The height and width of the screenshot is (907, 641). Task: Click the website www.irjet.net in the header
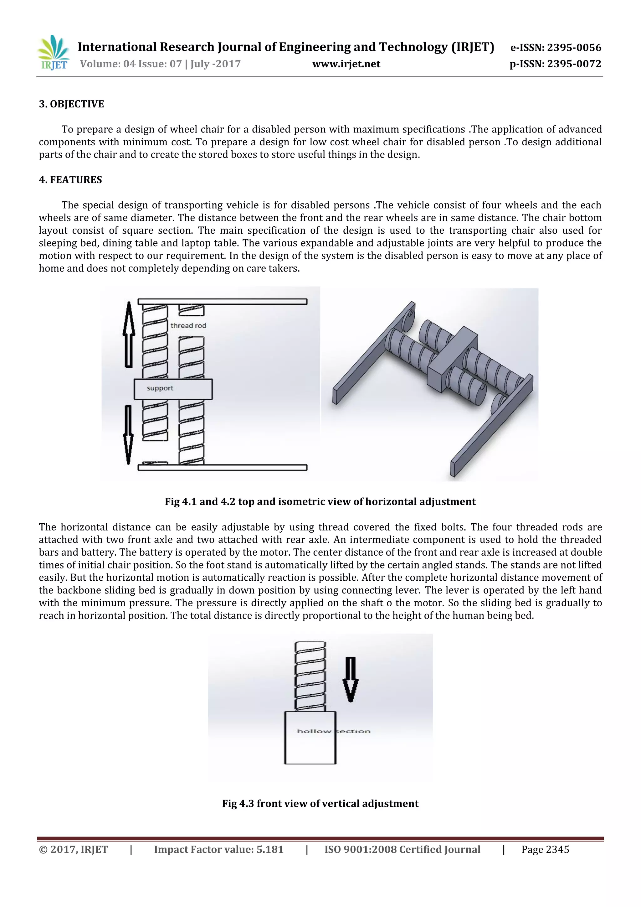tap(346, 64)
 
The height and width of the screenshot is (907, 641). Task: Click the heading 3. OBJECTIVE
tap(71, 104)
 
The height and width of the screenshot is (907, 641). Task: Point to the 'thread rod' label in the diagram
tap(188, 325)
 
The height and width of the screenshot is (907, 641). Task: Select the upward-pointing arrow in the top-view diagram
tap(129, 334)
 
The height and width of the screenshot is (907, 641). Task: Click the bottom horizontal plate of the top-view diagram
tap(222, 467)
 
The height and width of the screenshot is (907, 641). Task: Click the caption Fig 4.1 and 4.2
tap(320, 502)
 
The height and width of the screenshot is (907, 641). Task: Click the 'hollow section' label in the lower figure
tap(334, 731)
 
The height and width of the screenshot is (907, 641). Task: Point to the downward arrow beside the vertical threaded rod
tap(351, 679)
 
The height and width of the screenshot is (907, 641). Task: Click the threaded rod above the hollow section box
tap(310, 676)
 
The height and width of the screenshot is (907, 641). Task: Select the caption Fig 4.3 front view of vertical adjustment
tap(320, 804)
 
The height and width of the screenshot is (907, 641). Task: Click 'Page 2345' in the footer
tap(545, 850)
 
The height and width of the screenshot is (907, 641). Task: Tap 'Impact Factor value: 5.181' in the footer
tap(219, 850)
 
